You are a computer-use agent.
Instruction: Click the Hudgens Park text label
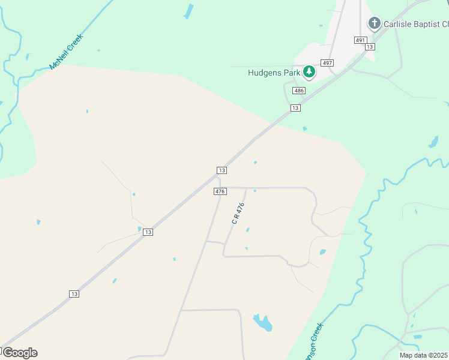point(274,73)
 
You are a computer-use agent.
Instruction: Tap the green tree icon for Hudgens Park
point(309,73)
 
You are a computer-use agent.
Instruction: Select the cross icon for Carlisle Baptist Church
point(375,24)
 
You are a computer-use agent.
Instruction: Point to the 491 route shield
point(360,40)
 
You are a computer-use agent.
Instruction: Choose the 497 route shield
point(327,63)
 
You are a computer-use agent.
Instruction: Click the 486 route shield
point(299,90)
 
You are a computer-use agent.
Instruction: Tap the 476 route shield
point(220,191)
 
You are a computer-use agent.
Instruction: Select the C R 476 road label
point(238,214)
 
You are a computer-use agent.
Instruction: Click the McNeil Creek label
point(67,52)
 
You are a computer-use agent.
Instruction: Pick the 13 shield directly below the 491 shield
point(369,46)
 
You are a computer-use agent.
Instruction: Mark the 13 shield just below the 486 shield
point(295,107)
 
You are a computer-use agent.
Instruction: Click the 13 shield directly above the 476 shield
point(221,170)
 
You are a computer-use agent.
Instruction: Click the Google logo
point(20,352)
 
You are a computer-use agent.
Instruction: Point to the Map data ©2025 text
point(423,355)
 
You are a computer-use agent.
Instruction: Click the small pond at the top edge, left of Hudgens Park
point(188,11)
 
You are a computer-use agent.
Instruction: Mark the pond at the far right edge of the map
point(433,142)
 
